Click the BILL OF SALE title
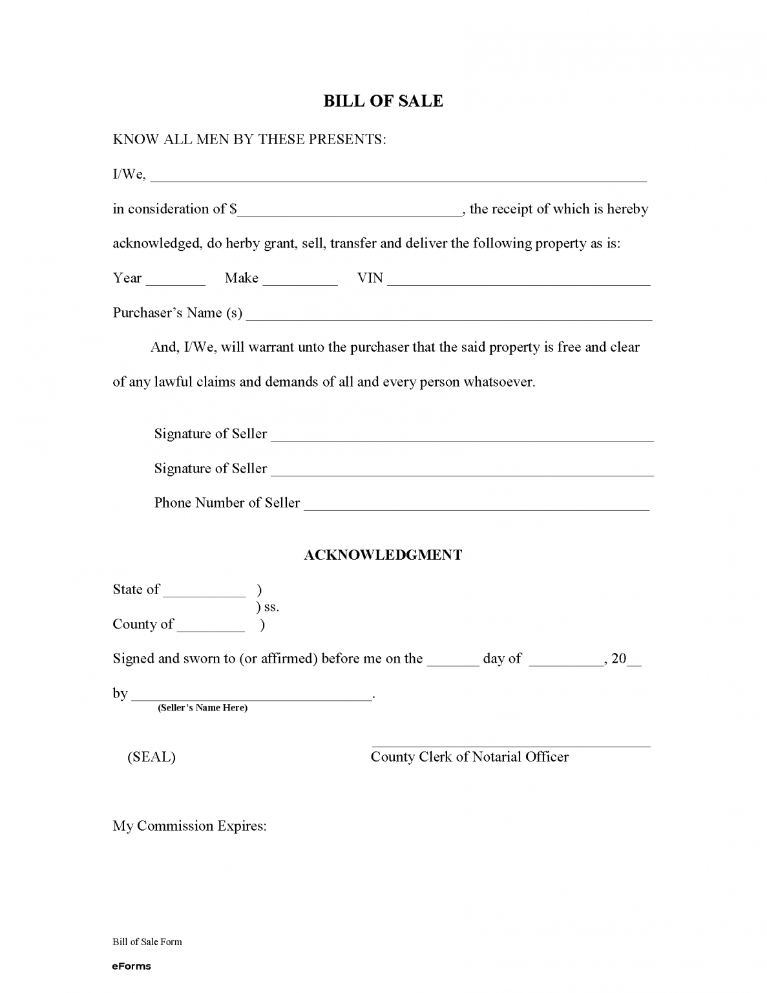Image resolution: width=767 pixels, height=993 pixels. point(383,101)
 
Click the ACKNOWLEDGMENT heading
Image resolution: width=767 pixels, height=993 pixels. point(383,555)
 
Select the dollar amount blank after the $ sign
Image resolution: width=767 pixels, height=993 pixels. point(350,211)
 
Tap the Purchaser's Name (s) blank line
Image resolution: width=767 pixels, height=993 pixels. point(449,316)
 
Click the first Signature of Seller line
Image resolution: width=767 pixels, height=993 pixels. point(462,437)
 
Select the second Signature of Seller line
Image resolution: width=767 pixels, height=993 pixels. point(462,472)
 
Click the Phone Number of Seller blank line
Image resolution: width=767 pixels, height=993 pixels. point(476,506)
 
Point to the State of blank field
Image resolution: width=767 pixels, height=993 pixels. point(205,592)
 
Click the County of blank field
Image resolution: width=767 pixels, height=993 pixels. point(211,627)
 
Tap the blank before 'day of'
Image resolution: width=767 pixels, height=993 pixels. point(453,661)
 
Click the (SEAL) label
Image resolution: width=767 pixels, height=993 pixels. point(151,757)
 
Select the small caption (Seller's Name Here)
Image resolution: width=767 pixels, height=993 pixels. point(202,708)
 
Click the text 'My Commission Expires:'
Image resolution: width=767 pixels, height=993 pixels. point(189,826)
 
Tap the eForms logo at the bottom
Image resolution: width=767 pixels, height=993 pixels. point(131,966)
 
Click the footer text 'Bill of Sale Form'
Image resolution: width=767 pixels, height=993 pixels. point(147,942)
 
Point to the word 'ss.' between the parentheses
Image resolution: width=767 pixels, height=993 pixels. point(271,608)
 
